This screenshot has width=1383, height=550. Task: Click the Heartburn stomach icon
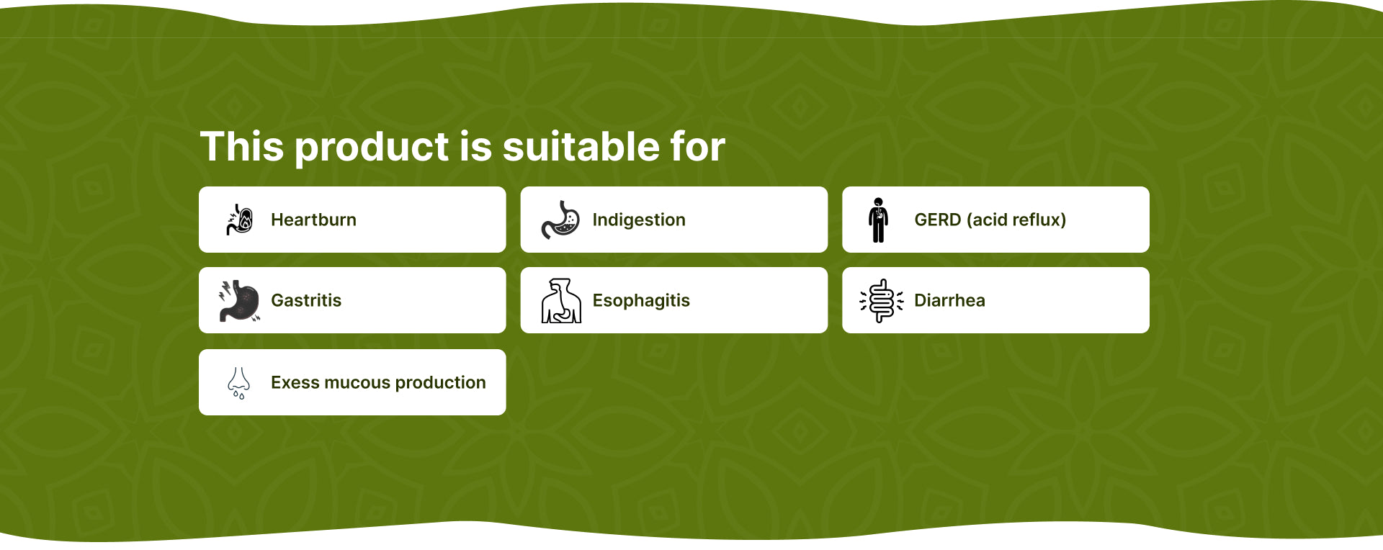[239, 220]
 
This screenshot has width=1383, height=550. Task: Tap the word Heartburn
[313, 220]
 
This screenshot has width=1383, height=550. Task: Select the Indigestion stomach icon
[560, 220]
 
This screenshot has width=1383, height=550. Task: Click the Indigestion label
[639, 220]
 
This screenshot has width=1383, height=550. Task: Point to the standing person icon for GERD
[878, 220]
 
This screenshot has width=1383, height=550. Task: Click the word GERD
[938, 220]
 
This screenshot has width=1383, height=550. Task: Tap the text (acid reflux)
[1016, 220]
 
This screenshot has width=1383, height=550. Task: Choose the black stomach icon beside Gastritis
[239, 301]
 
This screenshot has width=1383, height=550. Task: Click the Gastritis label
[306, 300]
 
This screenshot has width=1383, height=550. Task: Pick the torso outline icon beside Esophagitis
[561, 300]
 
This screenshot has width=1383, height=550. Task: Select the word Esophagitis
[641, 300]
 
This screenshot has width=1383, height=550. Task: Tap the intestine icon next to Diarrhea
[882, 300]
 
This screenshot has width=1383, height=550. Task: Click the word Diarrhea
[949, 300]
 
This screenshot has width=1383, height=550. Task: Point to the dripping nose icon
[239, 382]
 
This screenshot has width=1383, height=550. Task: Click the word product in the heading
[372, 148]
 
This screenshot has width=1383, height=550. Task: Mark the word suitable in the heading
[581, 147]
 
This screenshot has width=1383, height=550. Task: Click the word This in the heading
[242, 147]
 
